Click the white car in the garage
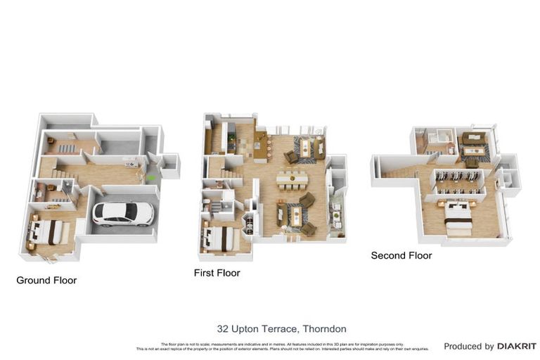tap(122, 212)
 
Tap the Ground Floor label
tap(46, 280)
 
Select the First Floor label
tap(217, 273)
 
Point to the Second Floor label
tap(401, 255)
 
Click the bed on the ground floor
tap(46, 232)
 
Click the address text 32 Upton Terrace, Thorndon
tap(281, 328)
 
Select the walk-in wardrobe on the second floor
tap(458, 182)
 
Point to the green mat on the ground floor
tap(151, 178)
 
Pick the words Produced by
tap(469, 347)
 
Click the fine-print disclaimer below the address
tap(281, 345)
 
